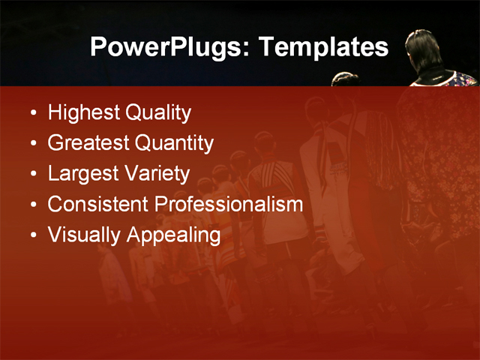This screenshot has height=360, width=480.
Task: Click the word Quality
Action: (x=158, y=113)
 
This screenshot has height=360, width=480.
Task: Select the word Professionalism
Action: (x=229, y=204)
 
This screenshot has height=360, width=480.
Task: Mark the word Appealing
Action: (x=173, y=235)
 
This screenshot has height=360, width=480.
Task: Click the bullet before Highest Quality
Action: (x=32, y=114)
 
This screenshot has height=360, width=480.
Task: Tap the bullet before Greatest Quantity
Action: (x=32, y=144)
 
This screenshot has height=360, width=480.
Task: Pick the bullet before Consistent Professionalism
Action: (x=32, y=205)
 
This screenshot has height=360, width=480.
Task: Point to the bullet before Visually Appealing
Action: (x=32, y=235)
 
